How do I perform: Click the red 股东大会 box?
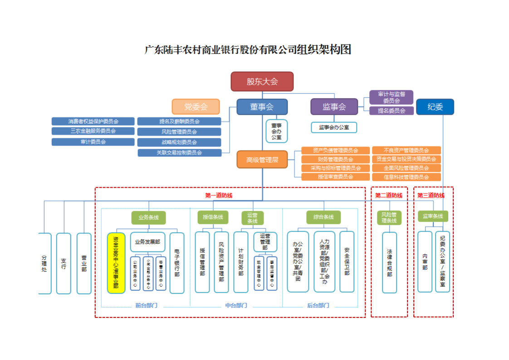point(262,82)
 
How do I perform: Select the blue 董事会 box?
point(262,107)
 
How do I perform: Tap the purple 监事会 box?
point(334,107)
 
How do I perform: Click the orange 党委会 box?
point(196,107)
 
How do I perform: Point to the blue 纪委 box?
point(435,107)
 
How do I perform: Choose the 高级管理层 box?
point(262,160)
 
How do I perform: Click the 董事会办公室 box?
point(276,131)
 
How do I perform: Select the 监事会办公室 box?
point(334,127)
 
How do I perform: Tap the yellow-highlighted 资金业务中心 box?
point(116,263)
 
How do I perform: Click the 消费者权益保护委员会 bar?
point(93,122)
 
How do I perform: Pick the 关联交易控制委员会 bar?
point(179,153)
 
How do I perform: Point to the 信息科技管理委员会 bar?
point(406,177)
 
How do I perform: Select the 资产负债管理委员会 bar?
point(335,151)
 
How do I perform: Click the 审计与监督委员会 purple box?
point(391,97)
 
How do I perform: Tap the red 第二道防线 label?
point(389,195)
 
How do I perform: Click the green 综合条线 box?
point(323,217)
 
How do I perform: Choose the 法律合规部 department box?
point(389,263)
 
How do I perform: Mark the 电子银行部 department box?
point(177,263)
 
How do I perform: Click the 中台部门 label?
point(236,306)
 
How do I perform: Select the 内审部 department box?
point(425,262)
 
